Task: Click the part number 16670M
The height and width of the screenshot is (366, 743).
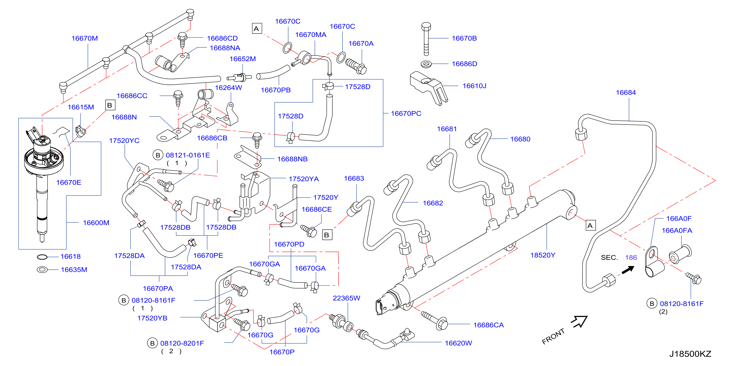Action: [84, 38]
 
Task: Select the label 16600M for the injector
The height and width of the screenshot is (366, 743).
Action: [96, 223]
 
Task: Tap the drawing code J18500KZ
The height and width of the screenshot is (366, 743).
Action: [690, 354]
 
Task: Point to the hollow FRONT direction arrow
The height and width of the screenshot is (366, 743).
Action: [580, 321]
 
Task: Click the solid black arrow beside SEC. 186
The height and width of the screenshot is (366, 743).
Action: [628, 270]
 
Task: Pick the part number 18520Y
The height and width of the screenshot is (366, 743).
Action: [543, 255]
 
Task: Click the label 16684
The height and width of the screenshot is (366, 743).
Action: [626, 92]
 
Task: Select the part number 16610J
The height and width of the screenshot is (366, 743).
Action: [474, 86]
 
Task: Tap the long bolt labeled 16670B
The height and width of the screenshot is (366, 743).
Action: [426, 39]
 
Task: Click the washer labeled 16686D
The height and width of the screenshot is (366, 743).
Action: [426, 64]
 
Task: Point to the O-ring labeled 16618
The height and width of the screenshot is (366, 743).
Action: [42, 257]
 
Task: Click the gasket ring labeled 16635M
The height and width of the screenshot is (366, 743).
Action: [42, 270]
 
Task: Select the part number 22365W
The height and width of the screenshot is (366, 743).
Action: [346, 298]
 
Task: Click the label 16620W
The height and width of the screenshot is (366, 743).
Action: [458, 343]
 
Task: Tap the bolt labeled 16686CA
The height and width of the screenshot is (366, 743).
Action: [434, 320]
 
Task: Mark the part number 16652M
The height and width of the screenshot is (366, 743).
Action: [242, 59]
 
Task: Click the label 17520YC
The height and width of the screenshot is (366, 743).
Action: [124, 141]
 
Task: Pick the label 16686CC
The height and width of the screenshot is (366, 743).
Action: [132, 96]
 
